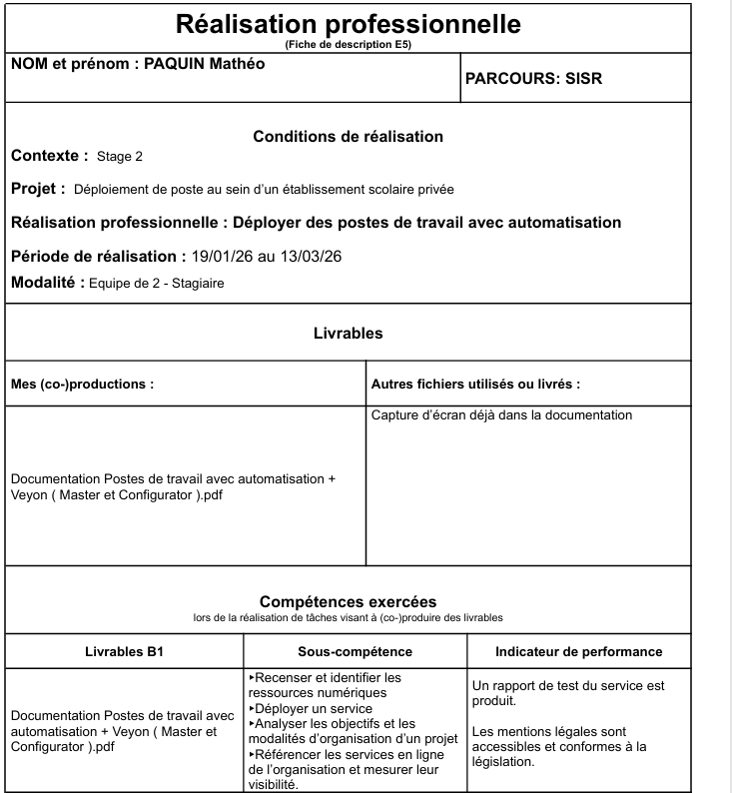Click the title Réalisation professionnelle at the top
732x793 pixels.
coord(348,24)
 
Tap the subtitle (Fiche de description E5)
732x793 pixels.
coord(348,45)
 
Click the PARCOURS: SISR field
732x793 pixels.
coord(534,78)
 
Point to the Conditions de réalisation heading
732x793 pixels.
coord(348,137)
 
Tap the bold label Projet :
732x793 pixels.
coord(38,189)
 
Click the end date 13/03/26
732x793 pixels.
coord(309,258)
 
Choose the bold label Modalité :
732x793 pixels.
coord(46,283)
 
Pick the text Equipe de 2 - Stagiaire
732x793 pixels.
coord(157,284)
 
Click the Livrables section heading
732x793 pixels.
coord(348,334)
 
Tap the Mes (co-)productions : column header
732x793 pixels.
coord(82,384)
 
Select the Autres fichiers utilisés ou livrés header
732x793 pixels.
coord(475,384)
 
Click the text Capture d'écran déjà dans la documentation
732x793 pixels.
coord(501,414)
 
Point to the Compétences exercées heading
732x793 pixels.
coord(348,601)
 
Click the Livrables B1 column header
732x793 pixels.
coord(125,652)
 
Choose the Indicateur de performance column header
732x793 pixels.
coord(578,652)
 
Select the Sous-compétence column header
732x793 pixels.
coord(356,652)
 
